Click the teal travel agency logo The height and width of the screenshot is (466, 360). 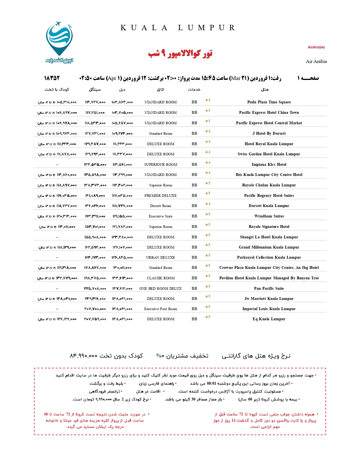click(x=59, y=42)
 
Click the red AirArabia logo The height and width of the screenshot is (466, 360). click(x=316, y=47)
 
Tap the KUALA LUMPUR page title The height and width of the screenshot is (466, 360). click(x=178, y=28)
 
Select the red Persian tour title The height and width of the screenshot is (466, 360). click(x=180, y=53)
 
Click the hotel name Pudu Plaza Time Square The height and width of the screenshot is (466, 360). click(x=269, y=102)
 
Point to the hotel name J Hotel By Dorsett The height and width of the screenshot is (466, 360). click(x=269, y=133)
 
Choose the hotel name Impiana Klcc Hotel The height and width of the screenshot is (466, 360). click(x=269, y=164)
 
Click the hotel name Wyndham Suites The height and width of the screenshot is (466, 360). click(x=269, y=216)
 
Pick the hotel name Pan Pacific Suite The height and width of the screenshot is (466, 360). click(x=269, y=288)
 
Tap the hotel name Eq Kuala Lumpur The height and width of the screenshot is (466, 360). click(x=269, y=319)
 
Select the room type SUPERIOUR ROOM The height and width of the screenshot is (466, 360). click(x=161, y=164)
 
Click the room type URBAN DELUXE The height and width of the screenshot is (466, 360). click(x=161, y=257)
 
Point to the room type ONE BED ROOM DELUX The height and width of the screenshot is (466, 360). click(x=161, y=288)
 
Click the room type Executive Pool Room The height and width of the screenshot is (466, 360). click(x=161, y=309)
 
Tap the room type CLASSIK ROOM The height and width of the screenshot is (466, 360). click(x=161, y=278)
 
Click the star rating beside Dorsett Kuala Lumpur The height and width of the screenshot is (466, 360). click(x=208, y=204)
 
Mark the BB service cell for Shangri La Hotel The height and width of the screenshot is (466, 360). click(x=194, y=237)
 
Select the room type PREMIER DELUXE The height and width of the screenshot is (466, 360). click(x=161, y=195)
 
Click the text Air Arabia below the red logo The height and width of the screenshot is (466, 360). click(x=316, y=61)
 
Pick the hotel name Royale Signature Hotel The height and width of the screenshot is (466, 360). click(x=269, y=227)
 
